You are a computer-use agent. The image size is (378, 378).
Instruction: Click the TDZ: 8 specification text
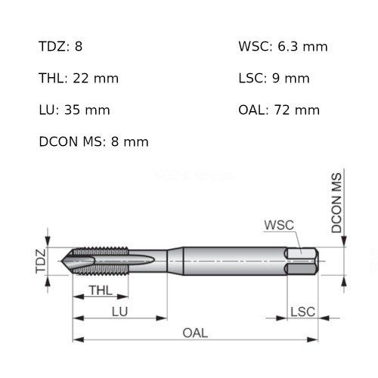coord(60,47)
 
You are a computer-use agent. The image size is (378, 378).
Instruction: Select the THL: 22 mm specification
coord(79,78)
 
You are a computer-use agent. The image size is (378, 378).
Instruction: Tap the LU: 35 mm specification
coord(74,110)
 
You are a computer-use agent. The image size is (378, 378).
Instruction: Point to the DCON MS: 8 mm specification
coord(93,141)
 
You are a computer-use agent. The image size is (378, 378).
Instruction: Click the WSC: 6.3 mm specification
coord(283,47)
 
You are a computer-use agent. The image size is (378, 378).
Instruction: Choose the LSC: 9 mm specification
coord(274,78)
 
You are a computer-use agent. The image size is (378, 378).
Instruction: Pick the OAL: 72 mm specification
coord(279,110)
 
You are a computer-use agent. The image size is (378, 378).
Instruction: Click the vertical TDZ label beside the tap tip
coord(42,261)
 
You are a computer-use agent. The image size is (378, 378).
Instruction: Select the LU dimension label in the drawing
coord(119,311)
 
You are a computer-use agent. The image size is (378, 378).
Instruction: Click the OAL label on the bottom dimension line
coord(194,333)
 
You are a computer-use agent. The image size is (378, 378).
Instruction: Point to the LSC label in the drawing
coord(302,311)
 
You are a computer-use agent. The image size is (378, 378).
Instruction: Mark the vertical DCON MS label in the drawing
coord(337,203)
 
